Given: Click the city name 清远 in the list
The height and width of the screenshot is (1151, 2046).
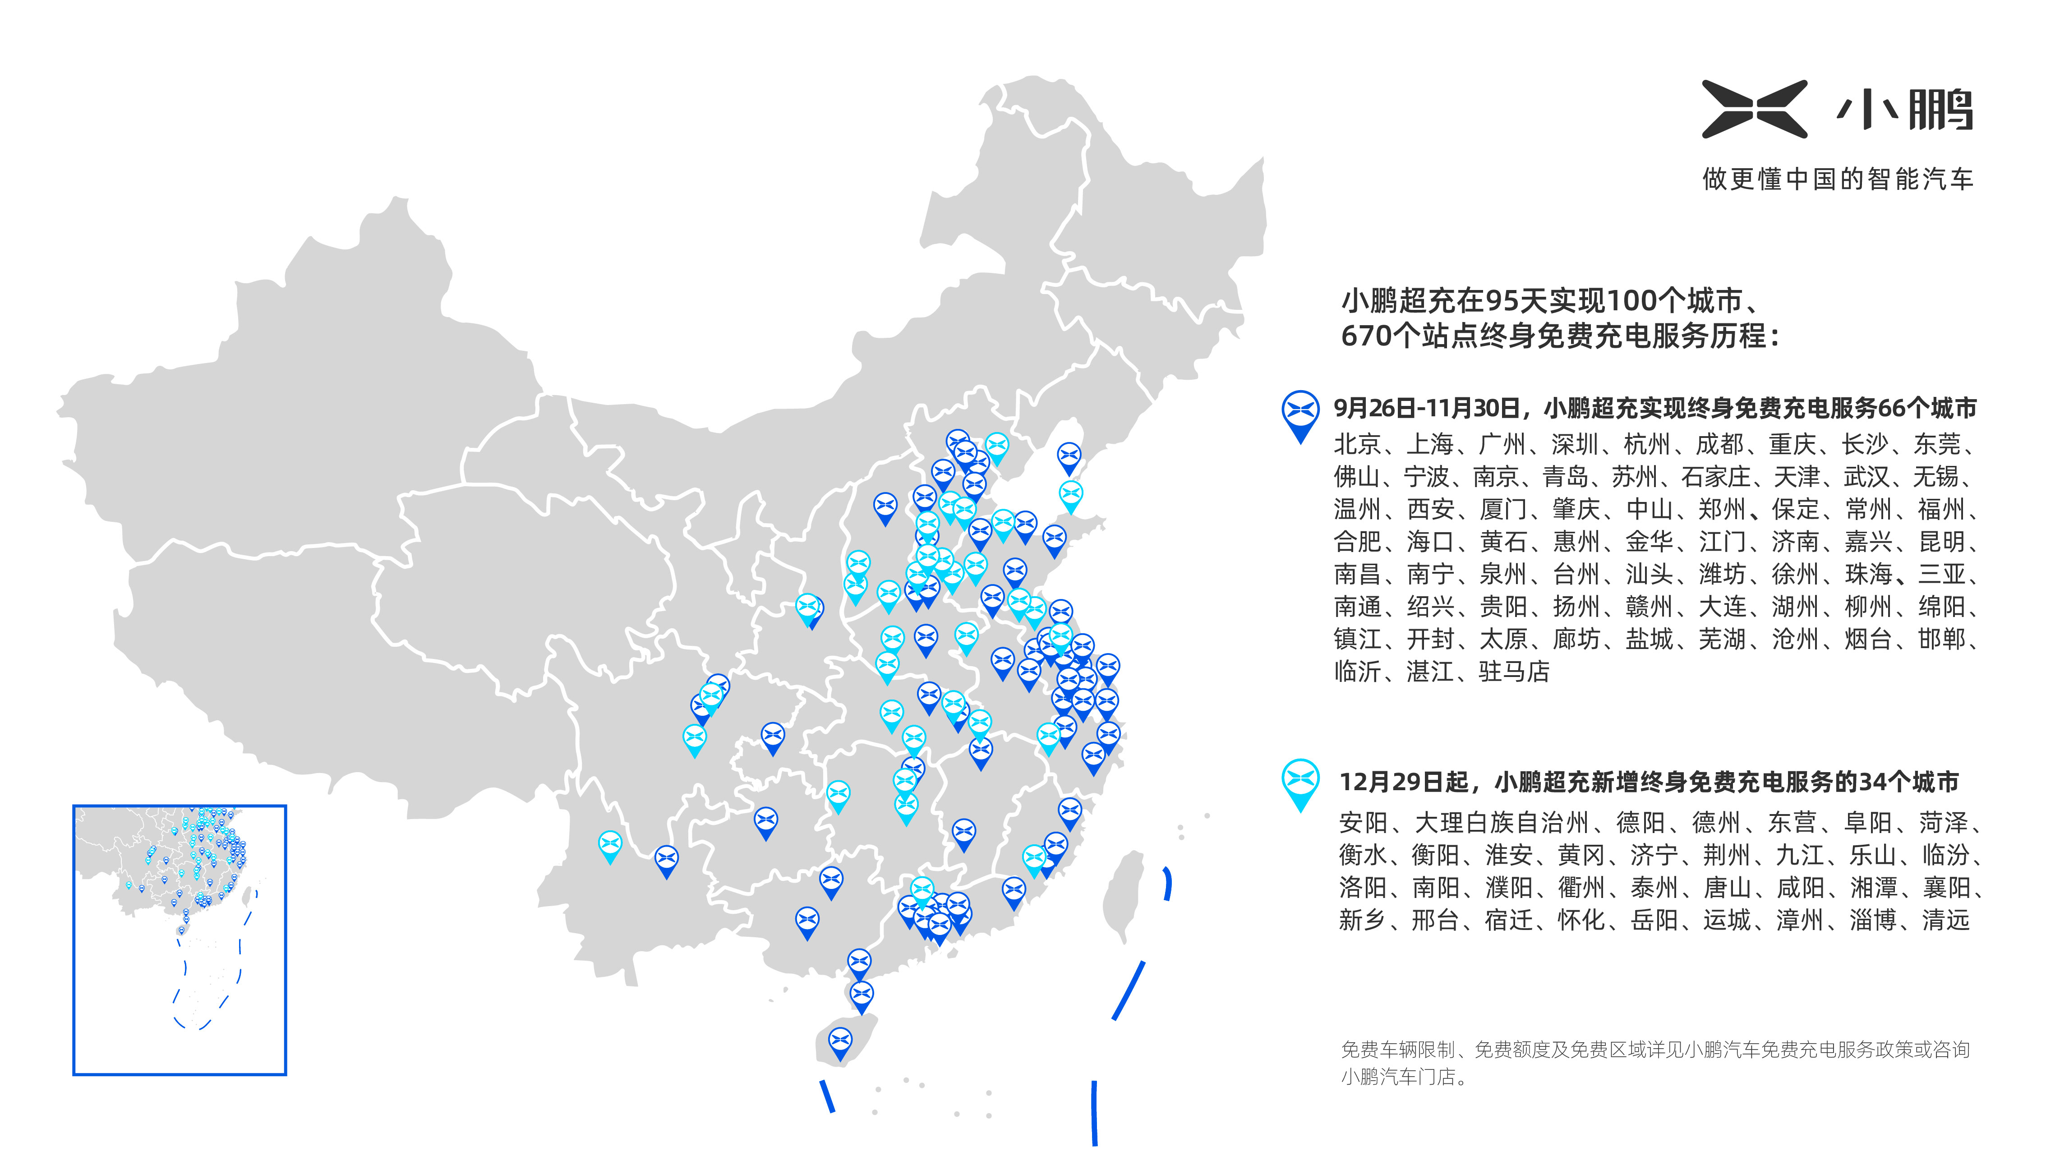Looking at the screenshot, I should [x=1945, y=920].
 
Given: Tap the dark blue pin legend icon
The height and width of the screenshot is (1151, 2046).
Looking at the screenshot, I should [x=1300, y=414].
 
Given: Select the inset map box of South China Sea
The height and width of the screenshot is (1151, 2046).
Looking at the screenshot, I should [x=180, y=940].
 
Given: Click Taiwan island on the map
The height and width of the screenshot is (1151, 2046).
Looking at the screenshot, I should [x=1124, y=893].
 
